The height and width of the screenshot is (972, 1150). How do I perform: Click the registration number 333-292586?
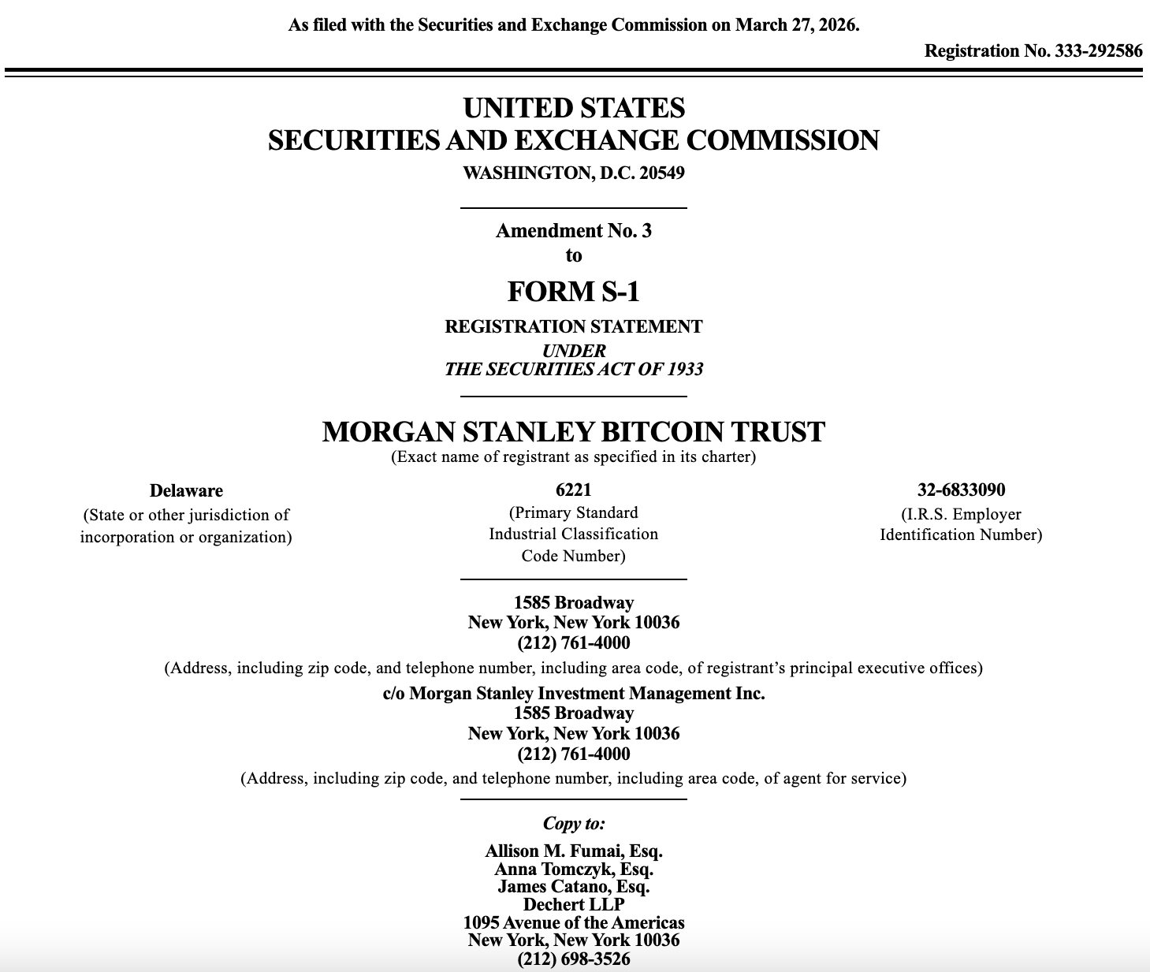point(1098,51)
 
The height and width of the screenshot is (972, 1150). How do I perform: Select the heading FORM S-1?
point(573,292)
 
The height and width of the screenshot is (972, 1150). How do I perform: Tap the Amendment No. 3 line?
point(573,231)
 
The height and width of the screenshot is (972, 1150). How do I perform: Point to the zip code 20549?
point(662,173)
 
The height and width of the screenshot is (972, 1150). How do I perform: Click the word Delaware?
point(186,490)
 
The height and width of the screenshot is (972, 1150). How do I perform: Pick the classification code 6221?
point(573,490)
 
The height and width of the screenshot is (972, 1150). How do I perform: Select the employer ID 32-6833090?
point(961,490)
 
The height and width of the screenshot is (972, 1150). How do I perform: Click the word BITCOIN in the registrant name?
point(661,432)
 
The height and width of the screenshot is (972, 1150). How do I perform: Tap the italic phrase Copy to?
point(573,824)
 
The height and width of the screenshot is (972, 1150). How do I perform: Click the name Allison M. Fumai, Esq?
point(573,851)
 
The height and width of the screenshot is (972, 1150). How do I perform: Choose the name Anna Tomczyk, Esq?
point(573,870)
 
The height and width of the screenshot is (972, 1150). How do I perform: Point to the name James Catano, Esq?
point(573,887)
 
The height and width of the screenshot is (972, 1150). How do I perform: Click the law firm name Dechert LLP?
point(573,904)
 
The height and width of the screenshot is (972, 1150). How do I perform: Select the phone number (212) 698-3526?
point(573,959)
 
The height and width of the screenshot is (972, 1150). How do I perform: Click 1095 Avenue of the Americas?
point(573,922)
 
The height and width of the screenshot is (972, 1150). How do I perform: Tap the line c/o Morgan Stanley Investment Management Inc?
point(573,694)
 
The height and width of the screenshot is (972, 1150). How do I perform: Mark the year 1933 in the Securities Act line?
point(685,370)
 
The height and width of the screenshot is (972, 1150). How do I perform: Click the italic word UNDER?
point(573,351)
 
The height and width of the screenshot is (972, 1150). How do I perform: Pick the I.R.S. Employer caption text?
point(961,514)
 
